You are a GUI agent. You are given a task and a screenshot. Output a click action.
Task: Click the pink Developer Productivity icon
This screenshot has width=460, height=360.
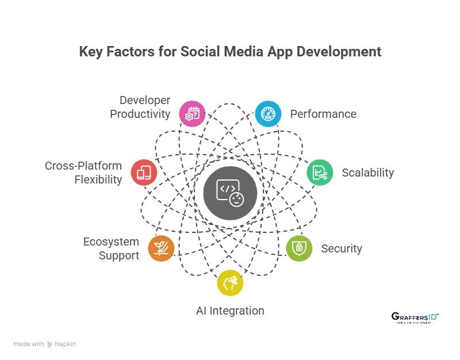click(192, 113)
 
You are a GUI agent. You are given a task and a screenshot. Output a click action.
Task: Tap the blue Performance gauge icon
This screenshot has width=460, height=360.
click(268, 113)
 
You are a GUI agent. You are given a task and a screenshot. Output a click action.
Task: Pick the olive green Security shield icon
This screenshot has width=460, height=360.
click(299, 248)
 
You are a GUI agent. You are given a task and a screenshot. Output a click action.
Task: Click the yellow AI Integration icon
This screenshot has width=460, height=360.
click(230, 283)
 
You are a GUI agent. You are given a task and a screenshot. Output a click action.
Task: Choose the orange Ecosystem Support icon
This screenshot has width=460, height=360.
click(161, 248)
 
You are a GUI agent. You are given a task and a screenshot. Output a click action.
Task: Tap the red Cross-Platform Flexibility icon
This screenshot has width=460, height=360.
click(144, 173)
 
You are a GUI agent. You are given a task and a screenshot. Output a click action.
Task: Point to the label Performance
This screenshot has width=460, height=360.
click(323, 114)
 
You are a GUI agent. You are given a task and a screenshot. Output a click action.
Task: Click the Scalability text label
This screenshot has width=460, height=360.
click(367, 173)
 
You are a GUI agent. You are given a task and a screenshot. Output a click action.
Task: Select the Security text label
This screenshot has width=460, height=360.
click(342, 248)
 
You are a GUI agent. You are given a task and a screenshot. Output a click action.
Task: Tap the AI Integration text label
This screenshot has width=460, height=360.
click(230, 311)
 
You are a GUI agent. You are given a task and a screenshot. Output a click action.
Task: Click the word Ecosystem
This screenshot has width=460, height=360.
click(111, 242)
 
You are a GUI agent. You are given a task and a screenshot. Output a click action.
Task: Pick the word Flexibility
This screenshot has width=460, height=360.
click(98, 179)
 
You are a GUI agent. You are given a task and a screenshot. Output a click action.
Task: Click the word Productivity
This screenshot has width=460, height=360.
click(140, 114)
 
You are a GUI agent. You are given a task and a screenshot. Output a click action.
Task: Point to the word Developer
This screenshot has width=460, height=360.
click(145, 100)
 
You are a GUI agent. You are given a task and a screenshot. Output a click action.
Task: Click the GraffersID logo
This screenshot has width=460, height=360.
click(415, 318)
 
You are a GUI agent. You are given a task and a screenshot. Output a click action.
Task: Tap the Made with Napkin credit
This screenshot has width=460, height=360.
click(45, 344)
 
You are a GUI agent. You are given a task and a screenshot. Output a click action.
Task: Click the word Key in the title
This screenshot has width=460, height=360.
click(90, 51)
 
